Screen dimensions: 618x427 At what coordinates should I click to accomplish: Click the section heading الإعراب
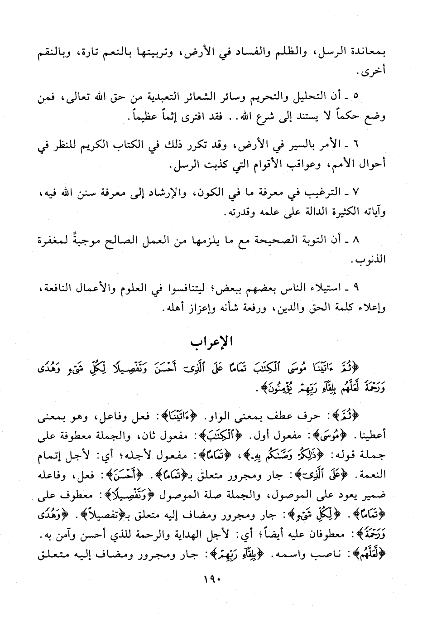pyautogui.click(x=213, y=342)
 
